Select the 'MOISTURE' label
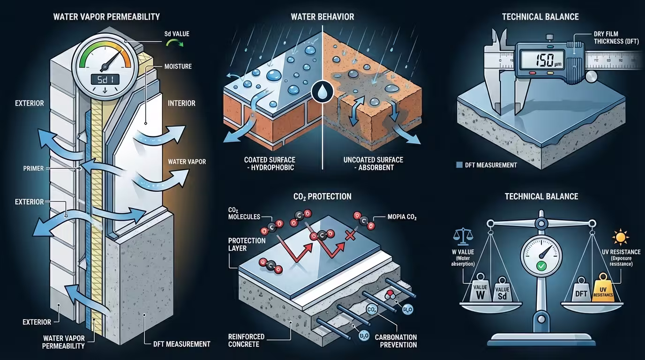pos(178,67)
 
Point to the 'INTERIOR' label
pos(181,103)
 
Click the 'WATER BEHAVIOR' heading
pos(322,17)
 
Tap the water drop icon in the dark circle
pos(323,90)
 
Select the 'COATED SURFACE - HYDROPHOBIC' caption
pos(265,164)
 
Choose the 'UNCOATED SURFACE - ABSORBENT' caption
pos(373,164)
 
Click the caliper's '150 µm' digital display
pos(540,60)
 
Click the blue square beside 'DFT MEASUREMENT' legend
pos(459,165)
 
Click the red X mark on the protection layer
pos(349,234)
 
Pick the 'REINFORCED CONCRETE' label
pos(246,341)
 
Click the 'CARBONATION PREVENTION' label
pos(395,341)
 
